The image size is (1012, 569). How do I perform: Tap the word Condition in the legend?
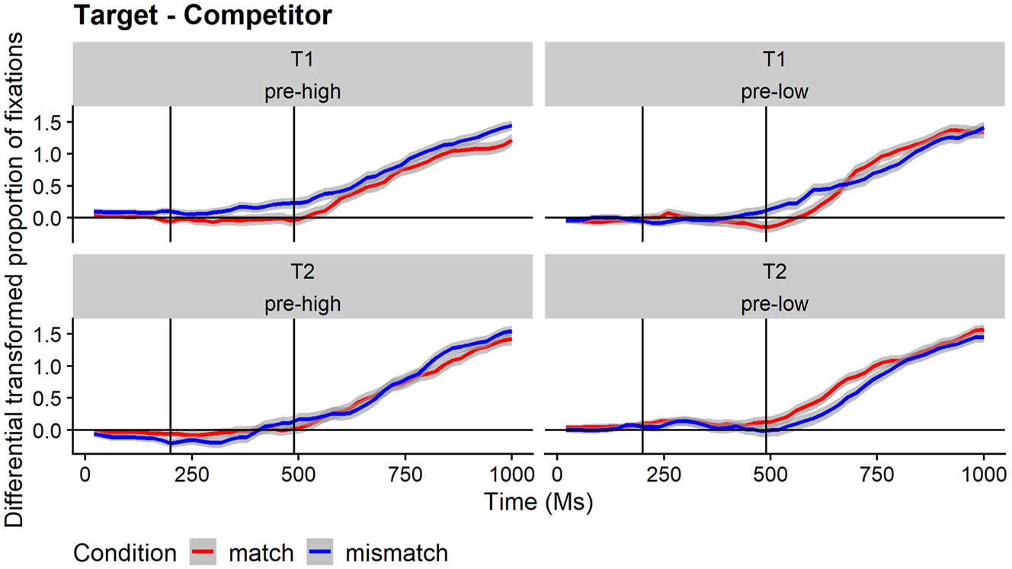pos(125,551)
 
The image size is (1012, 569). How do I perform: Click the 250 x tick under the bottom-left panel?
pos(191,477)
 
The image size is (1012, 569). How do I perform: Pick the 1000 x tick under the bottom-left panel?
pos(511,477)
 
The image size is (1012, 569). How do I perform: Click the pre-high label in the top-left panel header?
pos(303,91)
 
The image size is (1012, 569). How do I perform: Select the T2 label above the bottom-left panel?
pos(303,272)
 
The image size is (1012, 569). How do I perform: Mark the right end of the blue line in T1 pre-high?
pos(511,126)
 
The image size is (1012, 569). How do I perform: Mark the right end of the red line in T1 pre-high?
pos(511,141)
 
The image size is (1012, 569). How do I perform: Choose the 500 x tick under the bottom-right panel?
pos(770,477)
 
